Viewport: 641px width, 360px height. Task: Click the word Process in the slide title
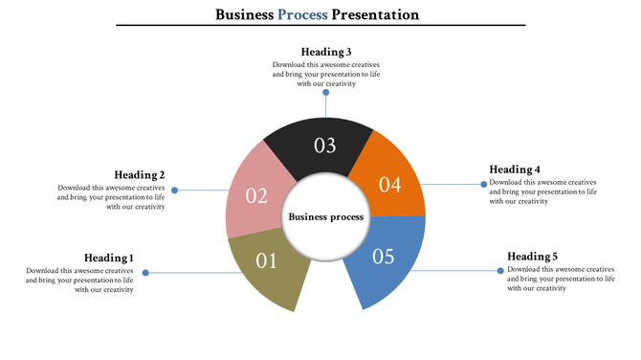click(x=302, y=14)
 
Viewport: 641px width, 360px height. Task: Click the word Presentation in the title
click(x=375, y=14)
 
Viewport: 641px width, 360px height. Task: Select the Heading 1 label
click(x=108, y=258)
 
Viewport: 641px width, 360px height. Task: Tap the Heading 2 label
click(x=140, y=174)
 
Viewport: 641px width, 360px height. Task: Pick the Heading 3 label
click(x=326, y=52)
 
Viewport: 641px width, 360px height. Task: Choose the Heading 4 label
click(x=515, y=169)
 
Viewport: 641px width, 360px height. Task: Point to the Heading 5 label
click(x=532, y=257)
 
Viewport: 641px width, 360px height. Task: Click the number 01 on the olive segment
click(x=266, y=259)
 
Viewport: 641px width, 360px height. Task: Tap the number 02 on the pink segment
click(x=256, y=195)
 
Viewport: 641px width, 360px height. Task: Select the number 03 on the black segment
click(x=325, y=146)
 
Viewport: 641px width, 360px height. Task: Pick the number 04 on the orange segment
click(x=389, y=185)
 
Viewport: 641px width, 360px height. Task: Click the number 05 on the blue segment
click(x=383, y=257)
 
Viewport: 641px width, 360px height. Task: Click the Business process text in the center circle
click(x=326, y=217)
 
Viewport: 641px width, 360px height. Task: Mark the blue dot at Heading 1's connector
click(x=145, y=273)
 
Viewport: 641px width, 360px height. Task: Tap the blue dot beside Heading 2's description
click(x=174, y=190)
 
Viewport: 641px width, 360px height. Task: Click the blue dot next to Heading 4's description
click(x=482, y=185)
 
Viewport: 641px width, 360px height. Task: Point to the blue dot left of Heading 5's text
click(x=500, y=271)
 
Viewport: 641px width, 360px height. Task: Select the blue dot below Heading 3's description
click(x=325, y=94)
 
